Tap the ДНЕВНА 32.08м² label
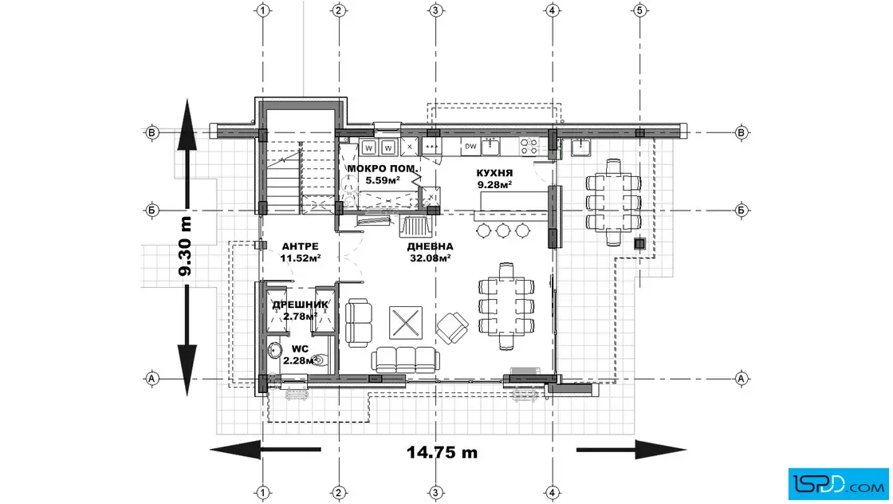click(430, 252)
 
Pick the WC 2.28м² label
click(300, 354)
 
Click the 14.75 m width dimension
click(442, 452)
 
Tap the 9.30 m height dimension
click(185, 246)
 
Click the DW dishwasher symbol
click(470, 147)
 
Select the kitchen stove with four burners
click(529, 147)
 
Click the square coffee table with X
click(406, 322)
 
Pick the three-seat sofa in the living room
click(406, 360)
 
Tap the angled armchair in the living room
click(452, 328)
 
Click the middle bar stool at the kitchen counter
click(503, 230)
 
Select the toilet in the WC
click(320, 360)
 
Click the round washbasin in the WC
click(275, 349)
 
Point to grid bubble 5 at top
click(639, 10)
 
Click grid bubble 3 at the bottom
click(435, 493)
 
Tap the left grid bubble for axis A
click(151, 378)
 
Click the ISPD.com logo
click(838, 484)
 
